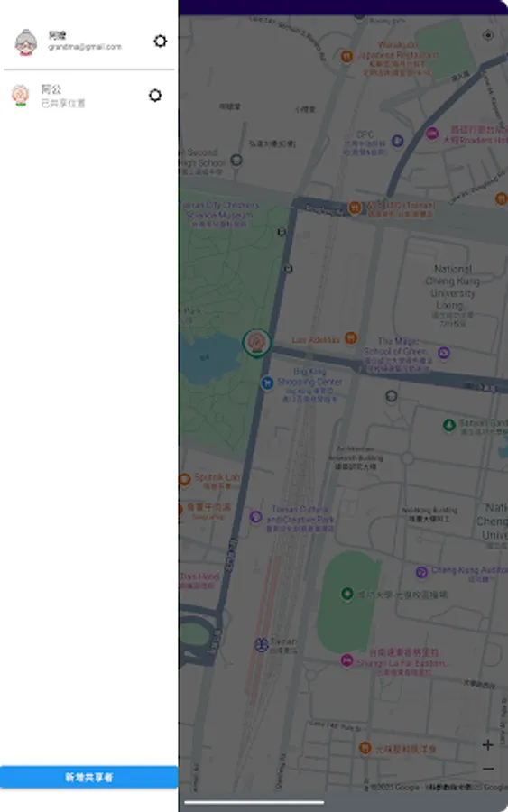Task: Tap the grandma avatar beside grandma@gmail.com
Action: tap(29, 42)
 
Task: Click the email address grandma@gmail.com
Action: tap(84, 47)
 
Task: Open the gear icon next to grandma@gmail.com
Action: tap(161, 41)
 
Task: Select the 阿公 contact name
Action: tap(51, 88)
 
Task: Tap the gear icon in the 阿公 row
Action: tap(155, 95)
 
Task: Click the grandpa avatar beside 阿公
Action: tap(20, 95)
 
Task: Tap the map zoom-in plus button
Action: tap(488, 745)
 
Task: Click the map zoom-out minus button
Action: tap(488, 769)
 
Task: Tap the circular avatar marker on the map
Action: tap(257, 342)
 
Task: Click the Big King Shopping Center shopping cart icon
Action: tap(266, 383)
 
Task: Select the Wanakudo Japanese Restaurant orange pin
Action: tap(346, 56)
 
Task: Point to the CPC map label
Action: tap(365, 135)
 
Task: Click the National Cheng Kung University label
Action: tap(452, 287)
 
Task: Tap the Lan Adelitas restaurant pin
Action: tap(351, 339)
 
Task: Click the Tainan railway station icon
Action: tap(260, 644)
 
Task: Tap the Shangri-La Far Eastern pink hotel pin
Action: tap(346, 661)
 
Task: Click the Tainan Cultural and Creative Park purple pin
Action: tap(255, 517)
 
